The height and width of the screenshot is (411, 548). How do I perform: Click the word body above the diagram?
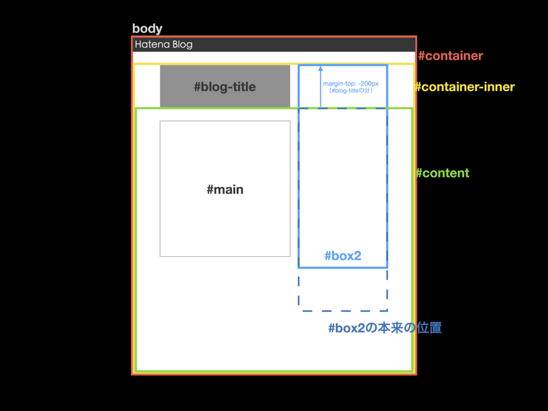(x=147, y=29)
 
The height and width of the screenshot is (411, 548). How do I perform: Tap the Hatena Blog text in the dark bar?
(x=163, y=44)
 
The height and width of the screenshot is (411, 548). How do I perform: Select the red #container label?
(x=450, y=56)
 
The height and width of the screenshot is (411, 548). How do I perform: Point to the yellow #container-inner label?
(x=465, y=87)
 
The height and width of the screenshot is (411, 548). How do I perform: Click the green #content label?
(x=443, y=173)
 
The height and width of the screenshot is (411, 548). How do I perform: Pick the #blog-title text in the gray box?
(x=225, y=87)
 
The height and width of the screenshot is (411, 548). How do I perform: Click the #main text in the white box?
(x=225, y=189)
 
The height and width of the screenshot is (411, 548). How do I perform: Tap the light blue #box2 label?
(x=342, y=256)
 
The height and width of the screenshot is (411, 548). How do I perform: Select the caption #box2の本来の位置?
(x=385, y=328)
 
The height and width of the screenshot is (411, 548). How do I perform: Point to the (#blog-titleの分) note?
(x=351, y=91)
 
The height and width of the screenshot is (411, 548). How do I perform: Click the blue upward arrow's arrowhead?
(x=321, y=69)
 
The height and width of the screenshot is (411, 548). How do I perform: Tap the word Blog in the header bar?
(x=182, y=44)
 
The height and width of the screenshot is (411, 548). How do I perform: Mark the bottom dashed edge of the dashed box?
(x=342, y=310)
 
